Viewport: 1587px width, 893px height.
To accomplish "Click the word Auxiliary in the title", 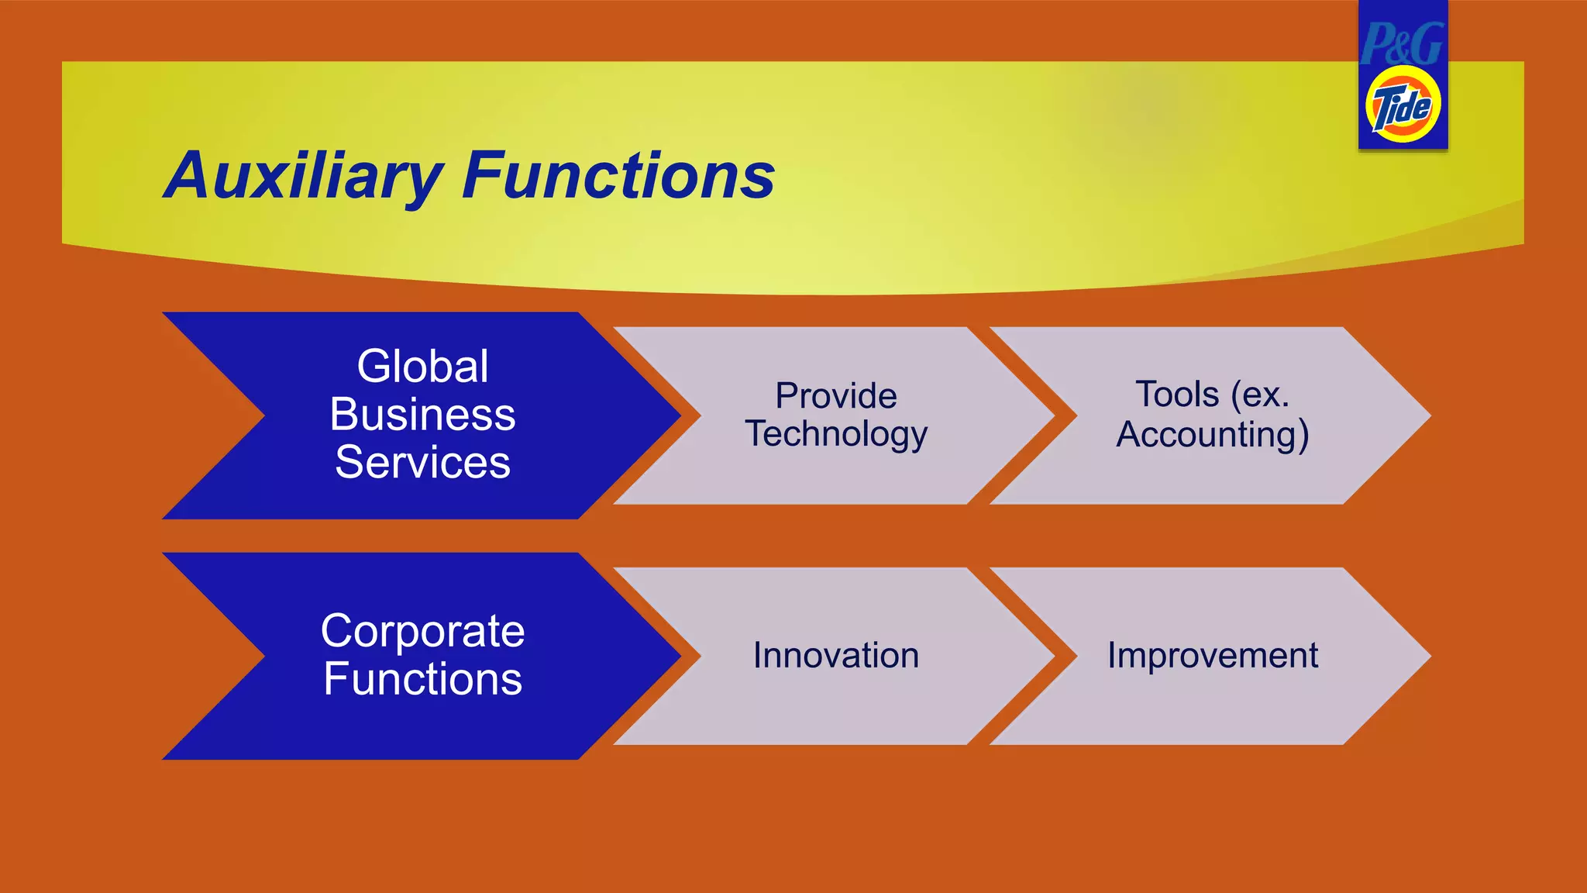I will click(x=304, y=177).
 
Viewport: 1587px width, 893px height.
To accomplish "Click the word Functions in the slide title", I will click(x=618, y=175).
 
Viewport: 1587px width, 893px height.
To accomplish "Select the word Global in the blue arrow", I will click(x=422, y=366).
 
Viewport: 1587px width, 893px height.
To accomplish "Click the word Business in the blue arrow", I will click(x=422, y=414).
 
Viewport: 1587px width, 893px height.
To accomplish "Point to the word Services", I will click(x=422, y=463).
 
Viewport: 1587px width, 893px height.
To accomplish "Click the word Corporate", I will click(x=422, y=630).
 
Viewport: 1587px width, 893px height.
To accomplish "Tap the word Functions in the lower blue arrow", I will click(x=422, y=679).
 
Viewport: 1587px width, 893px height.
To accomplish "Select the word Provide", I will click(x=836, y=396).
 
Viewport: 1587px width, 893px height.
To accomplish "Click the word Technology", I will click(x=836, y=434).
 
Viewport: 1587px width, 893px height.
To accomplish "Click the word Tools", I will click(x=1177, y=395).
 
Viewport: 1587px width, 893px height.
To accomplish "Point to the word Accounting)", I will click(x=1213, y=434).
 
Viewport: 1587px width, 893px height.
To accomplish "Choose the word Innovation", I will click(x=836, y=656).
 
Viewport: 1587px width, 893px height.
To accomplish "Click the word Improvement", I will click(x=1213, y=656).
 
